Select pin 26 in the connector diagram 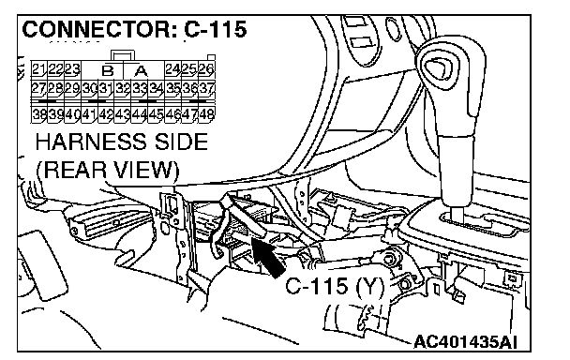pyautogui.click(x=207, y=69)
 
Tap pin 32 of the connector pyautogui.click(x=123, y=88)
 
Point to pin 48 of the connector pyautogui.click(x=207, y=114)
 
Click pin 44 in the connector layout pyautogui.click(x=140, y=114)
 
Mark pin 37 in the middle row pyautogui.click(x=207, y=88)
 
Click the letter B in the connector pyautogui.click(x=108, y=70)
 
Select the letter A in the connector pyautogui.click(x=141, y=70)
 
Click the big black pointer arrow pyautogui.click(x=267, y=258)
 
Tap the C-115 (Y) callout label pyautogui.click(x=335, y=286)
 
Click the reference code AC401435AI pyautogui.click(x=465, y=342)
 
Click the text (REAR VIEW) pyautogui.click(x=108, y=170)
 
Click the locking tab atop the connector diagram pyautogui.click(x=123, y=55)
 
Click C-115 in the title pyautogui.click(x=216, y=29)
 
